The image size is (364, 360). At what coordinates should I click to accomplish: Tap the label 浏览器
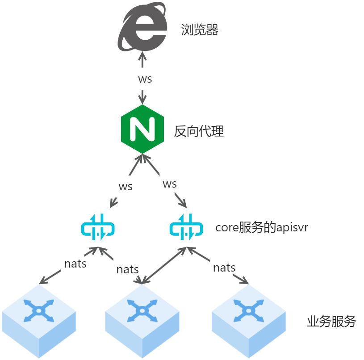(200, 30)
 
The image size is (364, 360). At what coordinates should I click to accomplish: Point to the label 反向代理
(199, 131)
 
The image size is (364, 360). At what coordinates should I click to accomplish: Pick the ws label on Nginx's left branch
(125, 186)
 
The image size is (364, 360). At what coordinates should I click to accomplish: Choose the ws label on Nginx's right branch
(169, 184)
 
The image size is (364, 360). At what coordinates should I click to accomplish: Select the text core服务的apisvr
(262, 227)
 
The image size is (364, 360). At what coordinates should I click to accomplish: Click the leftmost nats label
(75, 263)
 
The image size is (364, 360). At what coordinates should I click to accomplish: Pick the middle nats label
(127, 269)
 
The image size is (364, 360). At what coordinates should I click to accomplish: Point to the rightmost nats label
(224, 268)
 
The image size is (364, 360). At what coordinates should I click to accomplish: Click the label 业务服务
(331, 321)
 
